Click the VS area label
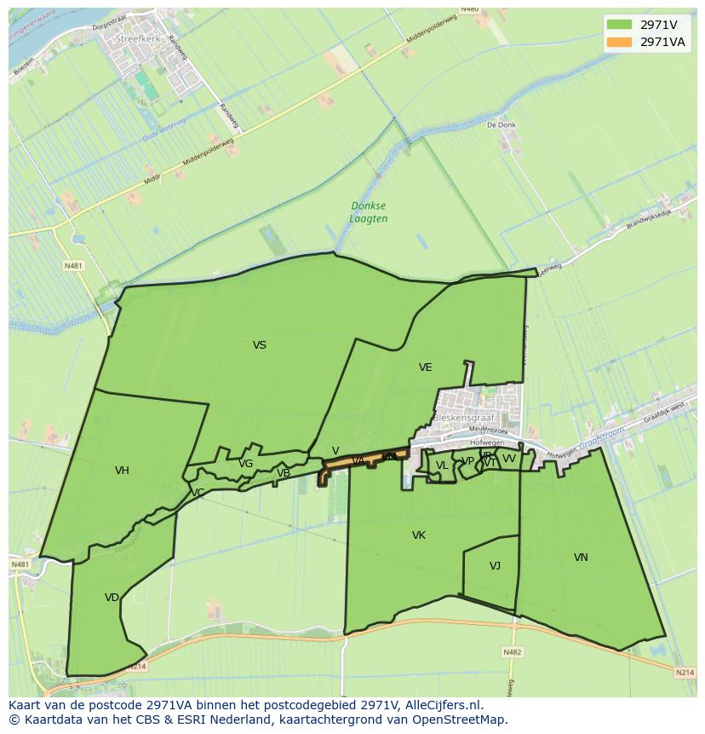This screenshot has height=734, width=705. [x=260, y=345]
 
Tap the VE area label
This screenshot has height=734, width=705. [x=425, y=367]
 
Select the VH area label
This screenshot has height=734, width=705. [x=122, y=471]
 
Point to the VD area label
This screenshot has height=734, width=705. [x=112, y=598]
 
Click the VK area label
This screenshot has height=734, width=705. [x=418, y=535]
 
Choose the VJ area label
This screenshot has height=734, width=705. [x=495, y=566]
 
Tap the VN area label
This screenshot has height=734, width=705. [x=581, y=558]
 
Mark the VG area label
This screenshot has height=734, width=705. [x=245, y=464]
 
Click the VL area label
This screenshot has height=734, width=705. [x=441, y=465]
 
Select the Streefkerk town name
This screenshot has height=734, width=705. [x=138, y=39]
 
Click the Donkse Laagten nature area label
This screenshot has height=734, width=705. [x=369, y=212]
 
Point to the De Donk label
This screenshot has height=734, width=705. [x=502, y=124]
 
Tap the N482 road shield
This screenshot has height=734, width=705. [x=512, y=652]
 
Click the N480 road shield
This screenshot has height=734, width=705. [x=469, y=9]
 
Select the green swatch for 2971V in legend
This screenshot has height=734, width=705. [x=619, y=24]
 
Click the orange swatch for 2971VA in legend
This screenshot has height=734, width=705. [x=619, y=42]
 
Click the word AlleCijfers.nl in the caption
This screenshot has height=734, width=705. [x=444, y=705]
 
